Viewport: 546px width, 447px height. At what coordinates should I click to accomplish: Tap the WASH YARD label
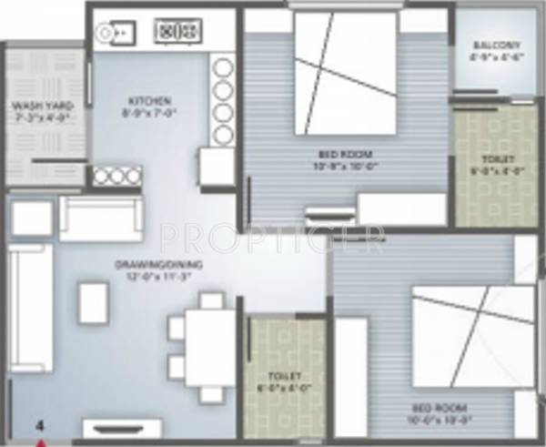point(42,107)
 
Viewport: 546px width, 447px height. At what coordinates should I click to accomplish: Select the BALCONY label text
point(497,46)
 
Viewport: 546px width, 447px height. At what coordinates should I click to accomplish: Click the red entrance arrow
point(41,442)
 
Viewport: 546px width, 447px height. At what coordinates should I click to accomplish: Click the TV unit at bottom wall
point(123,428)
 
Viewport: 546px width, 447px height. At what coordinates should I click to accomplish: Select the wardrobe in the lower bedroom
point(351,377)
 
